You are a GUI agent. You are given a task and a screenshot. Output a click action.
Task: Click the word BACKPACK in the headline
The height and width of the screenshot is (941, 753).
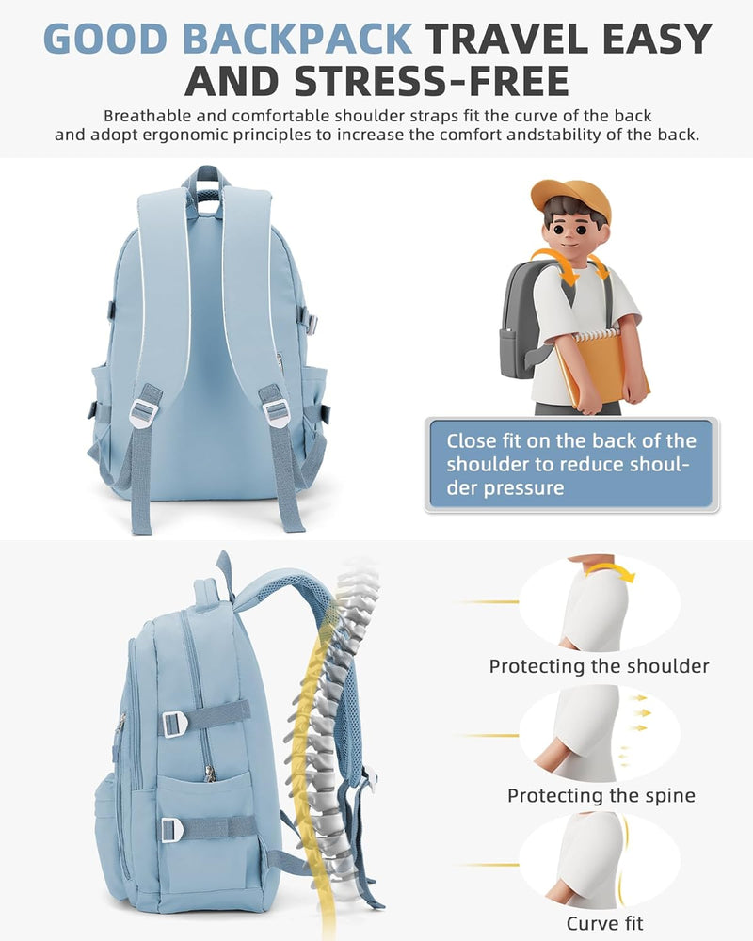point(297,39)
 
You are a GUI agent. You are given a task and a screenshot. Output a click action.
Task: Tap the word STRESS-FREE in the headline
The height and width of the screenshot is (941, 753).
point(431,81)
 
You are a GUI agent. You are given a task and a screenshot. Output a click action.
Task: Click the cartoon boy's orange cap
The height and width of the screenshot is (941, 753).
point(570,198)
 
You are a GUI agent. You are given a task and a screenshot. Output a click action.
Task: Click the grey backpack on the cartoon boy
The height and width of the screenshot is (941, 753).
point(522,318)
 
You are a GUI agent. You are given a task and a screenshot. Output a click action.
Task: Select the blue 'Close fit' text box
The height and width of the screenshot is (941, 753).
point(571,465)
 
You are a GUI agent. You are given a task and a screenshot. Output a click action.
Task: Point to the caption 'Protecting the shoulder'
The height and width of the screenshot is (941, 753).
point(599,666)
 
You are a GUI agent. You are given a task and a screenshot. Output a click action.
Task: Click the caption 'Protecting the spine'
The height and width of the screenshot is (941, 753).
point(601,796)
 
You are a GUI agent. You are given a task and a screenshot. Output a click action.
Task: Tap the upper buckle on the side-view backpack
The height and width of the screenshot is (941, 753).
point(174,723)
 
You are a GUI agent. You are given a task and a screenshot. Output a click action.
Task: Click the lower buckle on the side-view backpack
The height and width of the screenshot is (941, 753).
point(172,829)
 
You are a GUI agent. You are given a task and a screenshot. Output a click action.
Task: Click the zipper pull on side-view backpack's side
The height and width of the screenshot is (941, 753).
point(209,774)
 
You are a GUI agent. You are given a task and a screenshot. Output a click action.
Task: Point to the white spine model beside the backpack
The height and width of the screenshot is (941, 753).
point(336,720)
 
